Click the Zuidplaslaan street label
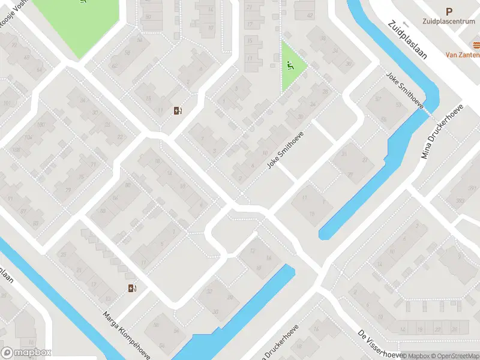[407, 41]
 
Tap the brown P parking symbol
[449, 11]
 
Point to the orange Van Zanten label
[462, 54]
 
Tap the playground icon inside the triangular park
[291, 65]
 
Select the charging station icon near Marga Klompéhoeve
[132, 289]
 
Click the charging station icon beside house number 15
[177, 110]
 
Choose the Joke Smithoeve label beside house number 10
[286, 150]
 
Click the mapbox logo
[26, 353]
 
